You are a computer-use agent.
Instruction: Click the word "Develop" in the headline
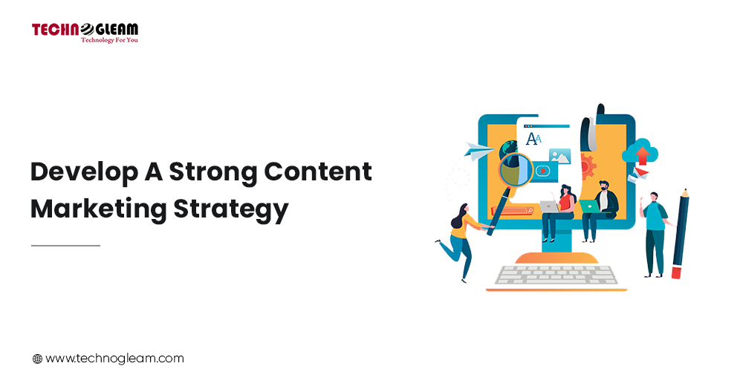click(85, 172)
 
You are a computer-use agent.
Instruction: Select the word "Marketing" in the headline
click(99, 209)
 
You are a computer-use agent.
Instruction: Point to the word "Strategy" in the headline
click(231, 209)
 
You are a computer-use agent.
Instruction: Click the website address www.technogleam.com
click(114, 359)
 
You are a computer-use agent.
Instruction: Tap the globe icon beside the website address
click(37, 359)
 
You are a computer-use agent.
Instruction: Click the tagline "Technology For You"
click(109, 40)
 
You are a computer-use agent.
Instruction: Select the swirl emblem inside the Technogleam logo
click(87, 30)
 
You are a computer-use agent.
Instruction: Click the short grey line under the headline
click(66, 246)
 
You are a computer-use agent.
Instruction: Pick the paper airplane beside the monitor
click(479, 151)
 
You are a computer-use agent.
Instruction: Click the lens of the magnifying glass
click(516, 169)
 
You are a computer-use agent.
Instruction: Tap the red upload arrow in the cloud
click(642, 155)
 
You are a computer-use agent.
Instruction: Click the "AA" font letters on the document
click(533, 139)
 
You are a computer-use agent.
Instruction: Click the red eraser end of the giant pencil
click(676, 273)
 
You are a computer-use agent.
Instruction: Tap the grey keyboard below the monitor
click(557, 275)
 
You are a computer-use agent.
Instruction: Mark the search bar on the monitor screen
click(513, 211)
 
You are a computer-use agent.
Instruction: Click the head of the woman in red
click(565, 190)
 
